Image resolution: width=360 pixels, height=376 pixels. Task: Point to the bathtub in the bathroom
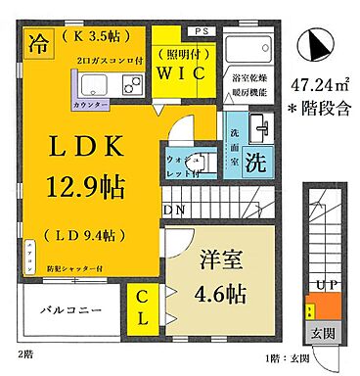point(247,51)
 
